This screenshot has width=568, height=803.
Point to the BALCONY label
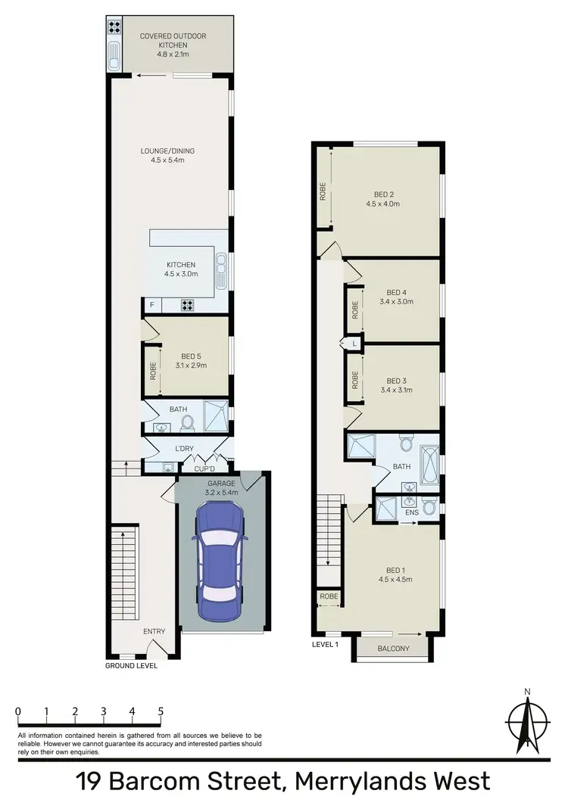[x=393, y=649]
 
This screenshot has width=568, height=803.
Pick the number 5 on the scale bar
[x=161, y=711]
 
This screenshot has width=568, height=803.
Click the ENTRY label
[x=154, y=631]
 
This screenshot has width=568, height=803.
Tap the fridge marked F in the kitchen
[x=152, y=305]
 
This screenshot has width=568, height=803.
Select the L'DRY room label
[x=185, y=449]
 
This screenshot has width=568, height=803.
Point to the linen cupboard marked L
[x=354, y=344]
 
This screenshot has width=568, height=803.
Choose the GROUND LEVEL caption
[x=132, y=666]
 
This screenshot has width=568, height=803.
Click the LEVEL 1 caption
[x=326, y=645]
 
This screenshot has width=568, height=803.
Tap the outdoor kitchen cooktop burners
[x=116, y=26]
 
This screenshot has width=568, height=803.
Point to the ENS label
[x=411, y=513]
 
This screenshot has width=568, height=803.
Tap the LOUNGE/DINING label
[x=162, y=151]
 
